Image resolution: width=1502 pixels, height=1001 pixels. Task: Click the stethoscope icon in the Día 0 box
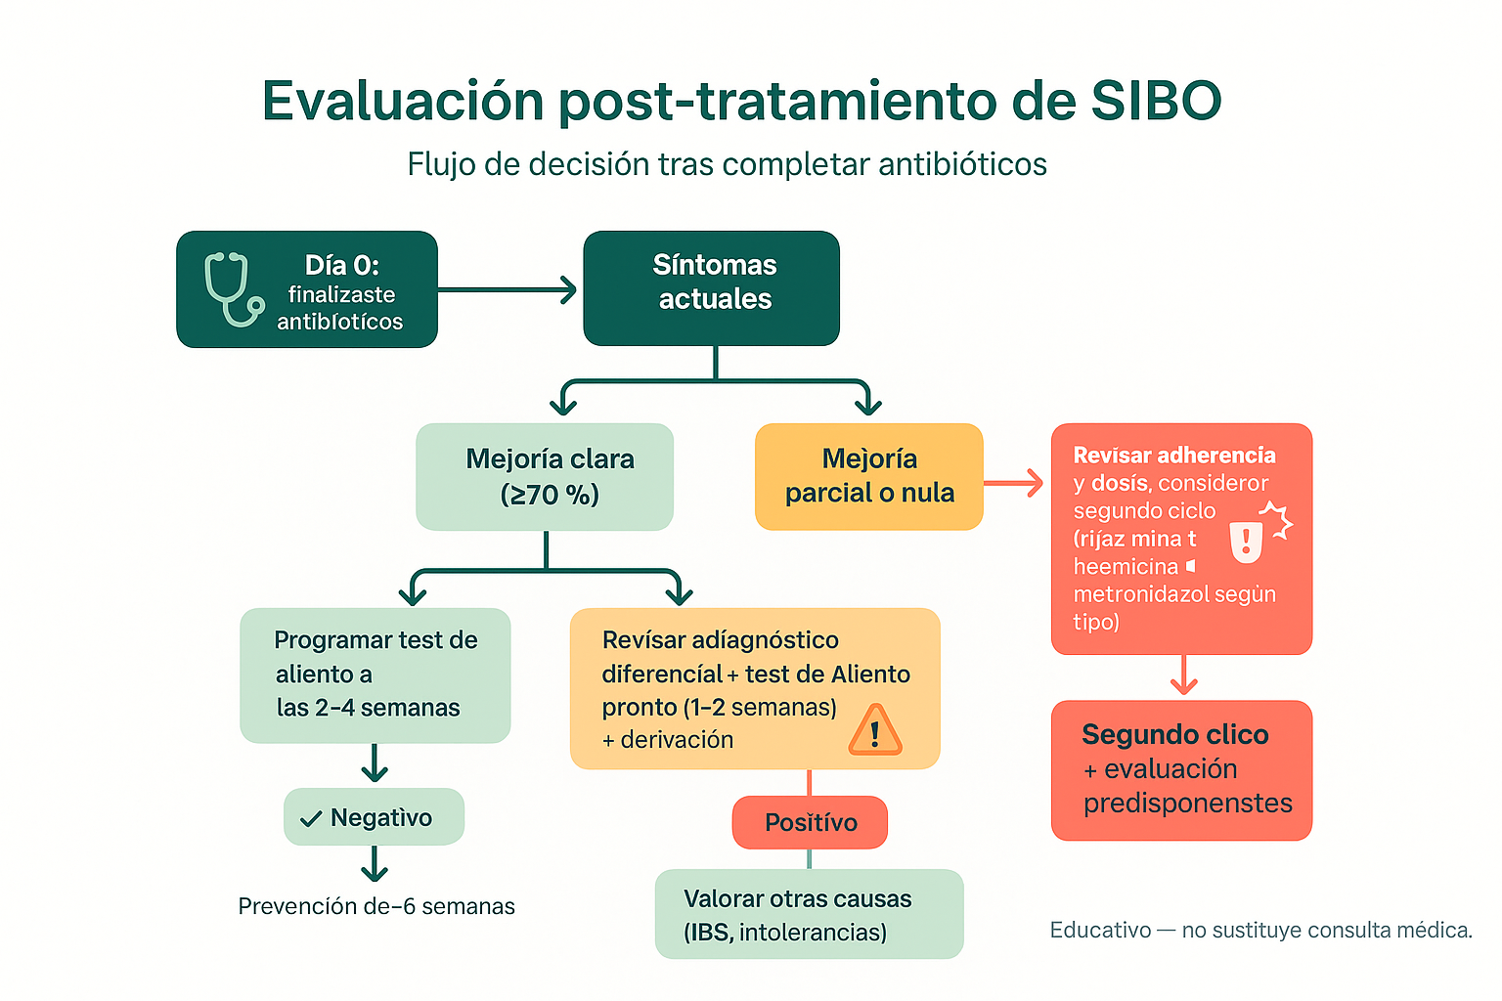pos(233,289)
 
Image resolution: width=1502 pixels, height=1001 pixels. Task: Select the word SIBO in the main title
pos(1156,101)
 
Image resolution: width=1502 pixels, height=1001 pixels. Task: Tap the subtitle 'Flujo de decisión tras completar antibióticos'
pos(727,164)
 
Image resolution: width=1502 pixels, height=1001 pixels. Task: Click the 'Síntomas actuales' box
pos(712,288)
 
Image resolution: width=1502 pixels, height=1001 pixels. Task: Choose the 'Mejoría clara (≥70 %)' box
pos(545,477)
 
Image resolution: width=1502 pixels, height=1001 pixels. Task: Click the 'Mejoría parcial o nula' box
pos(868,477)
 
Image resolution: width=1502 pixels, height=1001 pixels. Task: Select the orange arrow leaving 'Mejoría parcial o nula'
pos(1014,483)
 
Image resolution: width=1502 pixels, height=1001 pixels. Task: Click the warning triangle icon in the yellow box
pos(875,731)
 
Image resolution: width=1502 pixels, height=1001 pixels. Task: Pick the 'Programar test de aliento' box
pos(375,675)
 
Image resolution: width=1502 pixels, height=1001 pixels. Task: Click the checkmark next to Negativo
pos(311,819)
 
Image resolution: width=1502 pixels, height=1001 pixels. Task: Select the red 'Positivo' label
pos(810,822)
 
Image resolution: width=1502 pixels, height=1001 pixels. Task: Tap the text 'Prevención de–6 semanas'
pos(376,906)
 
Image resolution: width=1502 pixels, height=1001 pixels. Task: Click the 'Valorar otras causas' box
pos(809,914)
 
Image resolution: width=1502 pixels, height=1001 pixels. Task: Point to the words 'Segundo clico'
pos(1174,734)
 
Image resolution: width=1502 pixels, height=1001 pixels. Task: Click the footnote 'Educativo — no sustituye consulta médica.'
pos(1260,930)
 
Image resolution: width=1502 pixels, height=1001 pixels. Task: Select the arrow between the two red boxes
pos(1183,675)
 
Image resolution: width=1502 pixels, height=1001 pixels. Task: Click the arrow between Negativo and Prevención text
pos(375,864)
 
